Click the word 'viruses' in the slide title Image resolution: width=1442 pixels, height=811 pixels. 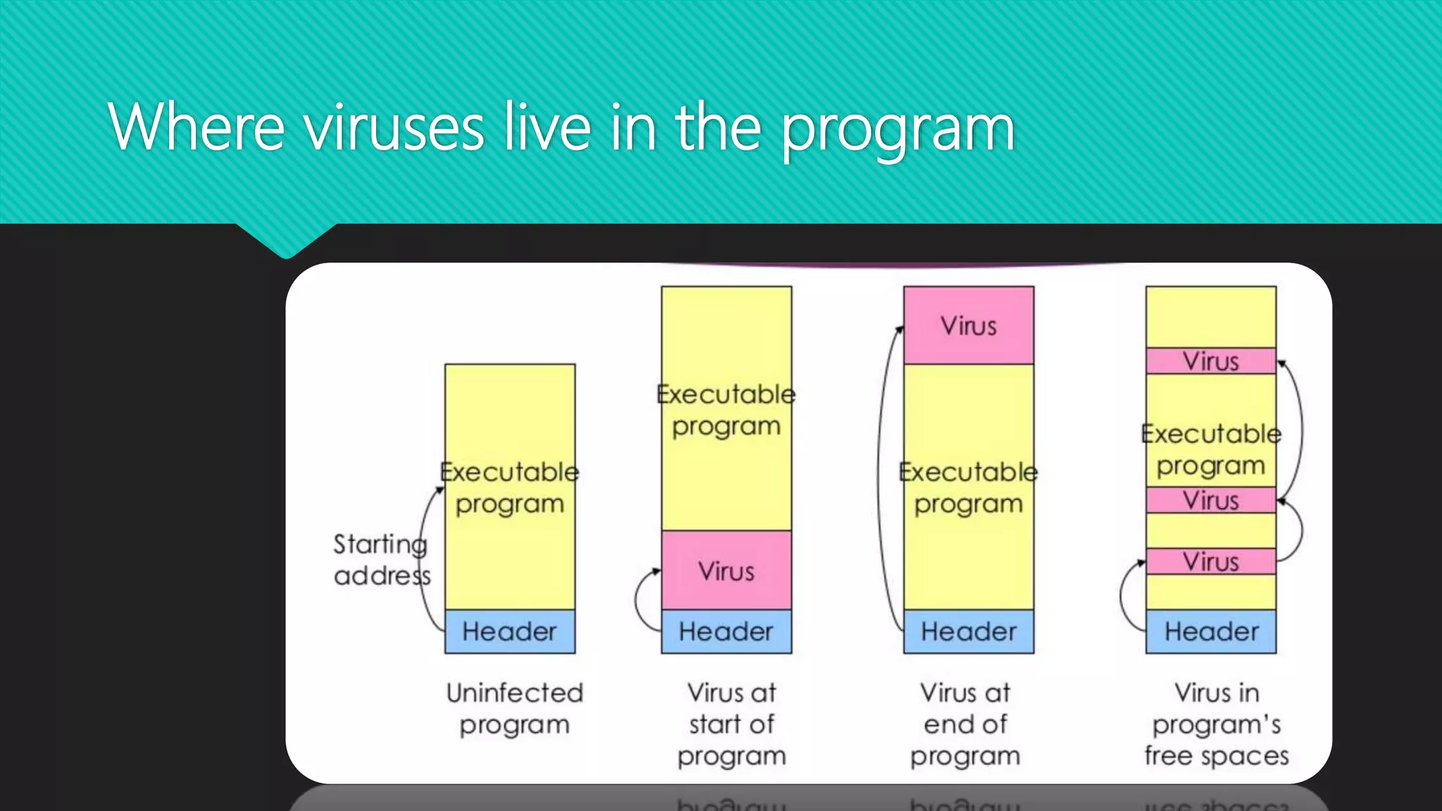pyautogui.click(x=394, y=128)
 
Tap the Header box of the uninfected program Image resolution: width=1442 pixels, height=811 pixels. pyautogui.click(x=510, y=631)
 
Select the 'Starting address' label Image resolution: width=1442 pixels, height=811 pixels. pyautogui.click(x=381, y=560)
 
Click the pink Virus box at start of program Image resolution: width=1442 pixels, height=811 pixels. pyautogui.click(x=726, y=570)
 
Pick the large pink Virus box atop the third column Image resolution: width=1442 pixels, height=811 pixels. pyautogui.click(x=969, y=325)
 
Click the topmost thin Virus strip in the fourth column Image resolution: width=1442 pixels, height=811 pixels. pyautogui.click(x=1210, y=361)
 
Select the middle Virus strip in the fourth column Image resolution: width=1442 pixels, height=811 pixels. pyautogui.click(x=1210, y=501)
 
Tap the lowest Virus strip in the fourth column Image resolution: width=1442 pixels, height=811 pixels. pyautogui.click(x=1210, y=562)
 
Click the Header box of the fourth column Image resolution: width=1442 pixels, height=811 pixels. pyautogui.click(x=1210, y=631)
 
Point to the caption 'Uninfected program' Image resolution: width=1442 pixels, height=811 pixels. pyautogui.click(x=515, y=708)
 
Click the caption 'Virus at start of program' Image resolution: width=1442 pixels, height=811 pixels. pyautogui.click(x=732, y=724)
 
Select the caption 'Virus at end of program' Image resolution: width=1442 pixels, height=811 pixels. pyautogui.click(x=965, y=724)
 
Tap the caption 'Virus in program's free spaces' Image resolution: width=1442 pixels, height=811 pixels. pyautogui.click(x=1216, y=724)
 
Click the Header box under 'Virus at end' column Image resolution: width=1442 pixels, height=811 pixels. pyautogui.click(x=969, y=631)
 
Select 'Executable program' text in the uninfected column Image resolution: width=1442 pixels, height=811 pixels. pyautogui.click(x=510, y=487)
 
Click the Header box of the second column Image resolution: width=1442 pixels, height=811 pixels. pyautogui.click(x=726, y=631)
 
